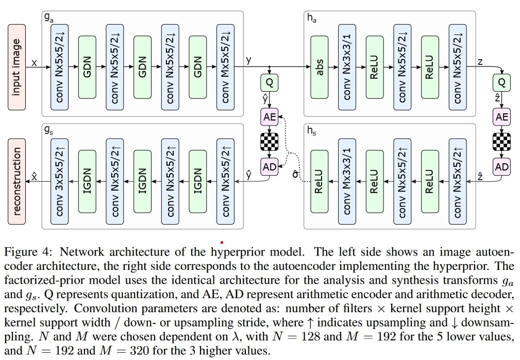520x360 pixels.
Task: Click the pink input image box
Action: coord(16,67)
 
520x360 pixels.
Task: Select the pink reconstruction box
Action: coord(16,182)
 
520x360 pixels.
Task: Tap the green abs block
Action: coord(320,67)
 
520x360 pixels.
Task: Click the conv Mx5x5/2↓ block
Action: coord(225,67)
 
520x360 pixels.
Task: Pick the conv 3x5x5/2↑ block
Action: coord(59,182)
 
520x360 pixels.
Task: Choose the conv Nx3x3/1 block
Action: coord(347,67)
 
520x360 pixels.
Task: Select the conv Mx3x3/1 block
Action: coord(347,182)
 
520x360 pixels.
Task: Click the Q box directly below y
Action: coord(270,83)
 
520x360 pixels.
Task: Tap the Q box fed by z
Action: coord(501,83)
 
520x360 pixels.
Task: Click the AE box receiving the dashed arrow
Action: coord(270,117)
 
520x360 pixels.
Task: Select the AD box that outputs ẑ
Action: coord(501,167)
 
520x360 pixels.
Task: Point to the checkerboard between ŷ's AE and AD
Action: coord(270,142)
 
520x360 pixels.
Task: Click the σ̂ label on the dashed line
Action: coord(295,174)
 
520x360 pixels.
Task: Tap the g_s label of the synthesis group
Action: coord(48,130)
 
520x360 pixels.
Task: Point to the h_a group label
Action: coord(311,18)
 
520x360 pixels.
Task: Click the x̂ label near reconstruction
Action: coord(34,176)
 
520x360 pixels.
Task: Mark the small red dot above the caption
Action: coord(222,243)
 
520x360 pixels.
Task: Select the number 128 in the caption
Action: coord(310,336)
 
